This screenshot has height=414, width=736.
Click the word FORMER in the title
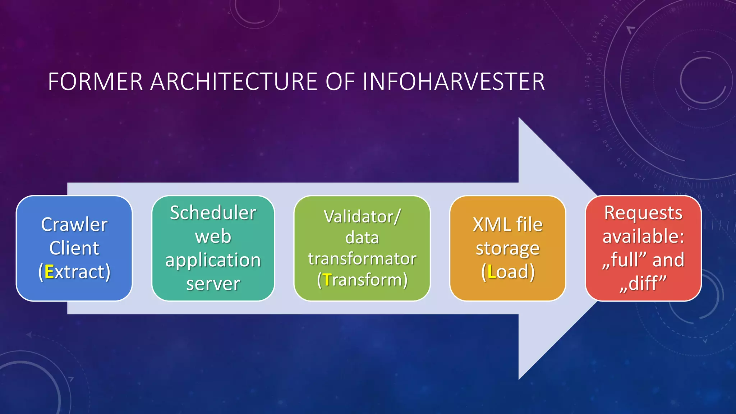point(95,82)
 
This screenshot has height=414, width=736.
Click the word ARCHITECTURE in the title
point(234,82)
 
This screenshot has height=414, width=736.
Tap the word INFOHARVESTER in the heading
point(454,82)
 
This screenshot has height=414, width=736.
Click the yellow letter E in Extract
point(49,272)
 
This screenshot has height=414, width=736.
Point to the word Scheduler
point(213,213)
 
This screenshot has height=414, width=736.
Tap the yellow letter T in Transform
point(327,280)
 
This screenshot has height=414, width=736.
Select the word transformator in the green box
point(362,259)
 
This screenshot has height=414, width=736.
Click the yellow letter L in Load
point(492,272)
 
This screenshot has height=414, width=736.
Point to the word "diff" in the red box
point(643,283)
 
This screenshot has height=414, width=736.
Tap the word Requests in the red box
point(643,213)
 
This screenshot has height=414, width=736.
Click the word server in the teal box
point(213,284)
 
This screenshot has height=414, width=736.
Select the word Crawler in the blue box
point(74,225)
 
